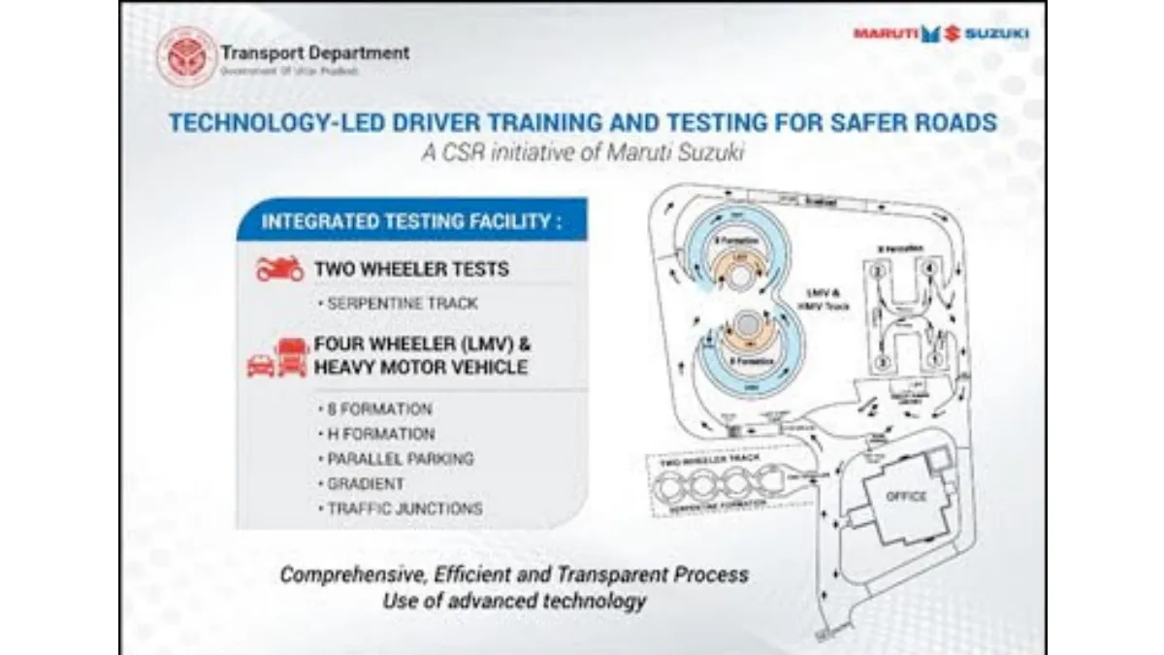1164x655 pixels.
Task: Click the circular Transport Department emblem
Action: pos(187,56)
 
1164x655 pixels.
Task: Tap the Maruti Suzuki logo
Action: pos(941,34)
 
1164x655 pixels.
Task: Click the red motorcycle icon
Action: pos(279,268)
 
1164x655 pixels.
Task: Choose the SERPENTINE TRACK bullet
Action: pos(402,304)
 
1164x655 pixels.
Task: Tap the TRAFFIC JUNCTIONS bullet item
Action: pos(404,508)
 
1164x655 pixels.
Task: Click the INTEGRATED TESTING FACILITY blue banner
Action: pos(411,221)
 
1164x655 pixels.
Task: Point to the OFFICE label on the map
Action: pos(905,497)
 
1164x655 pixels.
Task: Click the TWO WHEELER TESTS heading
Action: pos(410,269)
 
